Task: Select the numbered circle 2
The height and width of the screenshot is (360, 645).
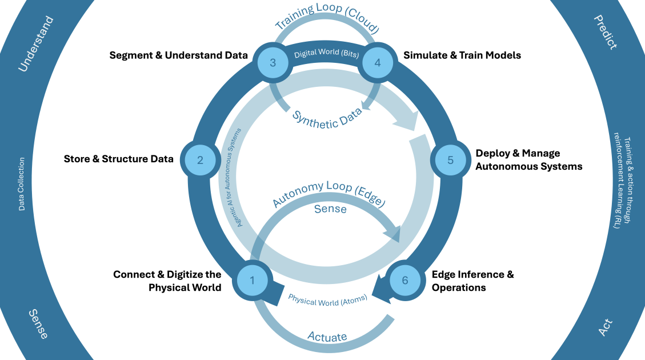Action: (x=200, y=160)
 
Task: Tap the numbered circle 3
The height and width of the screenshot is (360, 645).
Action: (x=273, y=62)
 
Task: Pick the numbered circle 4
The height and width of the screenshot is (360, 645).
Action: (x=377, y=62)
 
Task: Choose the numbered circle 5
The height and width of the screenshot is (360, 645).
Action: (x=450, y=160)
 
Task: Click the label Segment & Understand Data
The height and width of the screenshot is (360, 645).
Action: (x=178, y=55)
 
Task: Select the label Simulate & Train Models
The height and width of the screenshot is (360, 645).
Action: (x=462, y=55)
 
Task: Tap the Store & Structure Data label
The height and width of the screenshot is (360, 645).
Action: (x=118, y=159)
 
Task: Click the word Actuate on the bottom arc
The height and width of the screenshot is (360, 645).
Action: (x=327, y=336)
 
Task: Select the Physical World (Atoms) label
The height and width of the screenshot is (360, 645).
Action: (x=327, y=299)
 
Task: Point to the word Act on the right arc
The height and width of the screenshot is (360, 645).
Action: (x=605, y=327)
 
